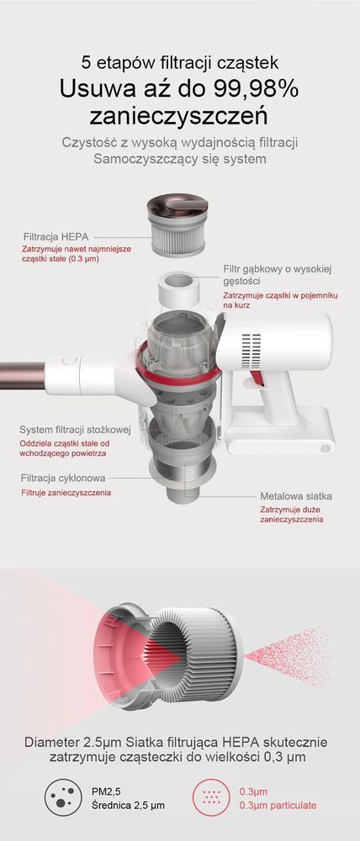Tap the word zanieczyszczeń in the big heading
[x=179, y=115]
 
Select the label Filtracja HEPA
[x=56, y=236]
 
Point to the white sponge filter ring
[x=179, y=288]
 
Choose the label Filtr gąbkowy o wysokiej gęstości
[x=278, y=275]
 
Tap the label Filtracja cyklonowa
[x=63, y=478]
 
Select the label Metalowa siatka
[x=296, y=496]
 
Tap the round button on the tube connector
[x=66, y=361]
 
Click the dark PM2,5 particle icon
[x=63, y=797]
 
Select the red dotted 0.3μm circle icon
[x=211, y=797]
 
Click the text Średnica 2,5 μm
[x=129, y=805]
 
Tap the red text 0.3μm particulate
[x=278, y=805]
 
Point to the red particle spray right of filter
[x=289, y=655]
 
